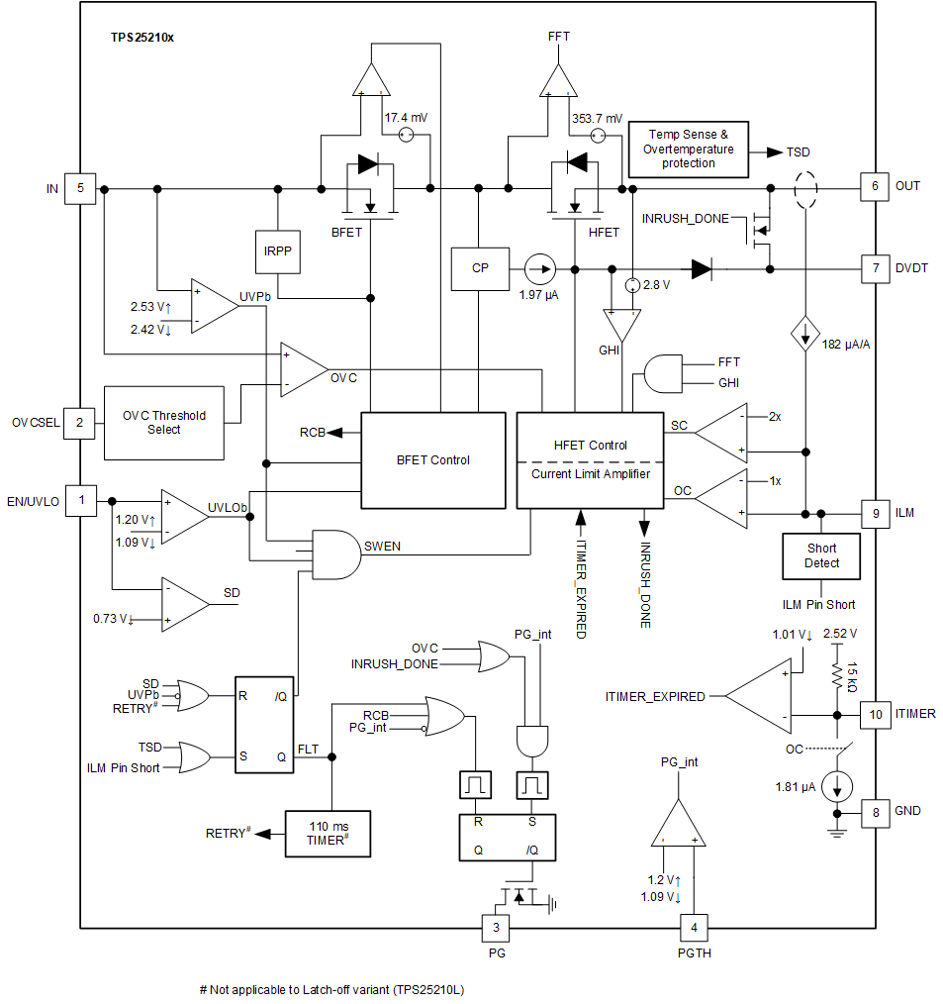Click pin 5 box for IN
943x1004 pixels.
pos(80,188)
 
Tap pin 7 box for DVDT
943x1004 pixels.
pos(875,268)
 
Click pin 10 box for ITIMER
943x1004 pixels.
pos(875,714)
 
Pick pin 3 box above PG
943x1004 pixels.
pos(496,928)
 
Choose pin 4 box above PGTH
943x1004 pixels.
pos(695,928)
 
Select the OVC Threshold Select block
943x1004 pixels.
pos(164,423)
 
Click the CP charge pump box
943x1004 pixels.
pos(480,268)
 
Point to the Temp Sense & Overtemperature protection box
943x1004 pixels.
pos(688,149)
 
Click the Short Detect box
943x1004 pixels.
pos(821,556)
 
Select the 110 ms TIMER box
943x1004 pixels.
pos(328,833)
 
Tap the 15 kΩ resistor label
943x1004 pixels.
pos(852,675)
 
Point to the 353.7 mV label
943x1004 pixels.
pos(597,118)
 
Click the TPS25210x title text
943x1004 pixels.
pos(142,37)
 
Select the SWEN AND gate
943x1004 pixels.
pos(334,553)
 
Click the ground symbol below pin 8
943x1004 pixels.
pos(837,833)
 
